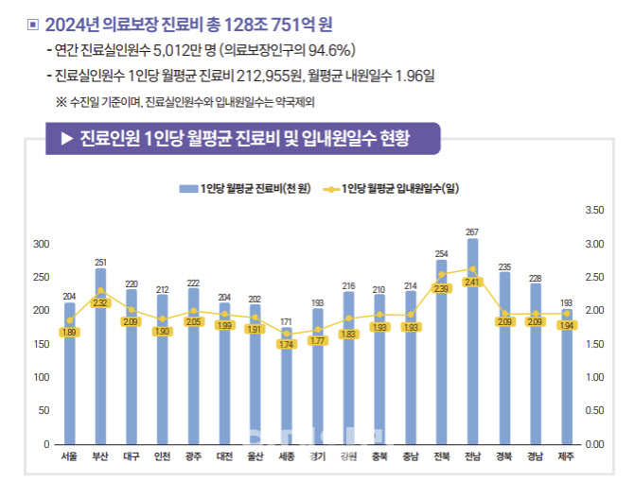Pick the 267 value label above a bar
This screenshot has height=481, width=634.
point(472,232)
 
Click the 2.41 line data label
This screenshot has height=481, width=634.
point(472,281)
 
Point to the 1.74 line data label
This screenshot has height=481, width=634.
point(287,344)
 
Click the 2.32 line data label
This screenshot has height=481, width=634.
point(101,302)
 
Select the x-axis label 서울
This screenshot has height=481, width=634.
point(69,457)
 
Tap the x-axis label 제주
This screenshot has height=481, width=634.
point(566,457)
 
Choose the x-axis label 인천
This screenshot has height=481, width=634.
point(163,457)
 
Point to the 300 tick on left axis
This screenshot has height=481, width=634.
point(42,244)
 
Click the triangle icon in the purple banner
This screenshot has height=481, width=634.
point(66,139)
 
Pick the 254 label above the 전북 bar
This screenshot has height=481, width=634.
point(441,253)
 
